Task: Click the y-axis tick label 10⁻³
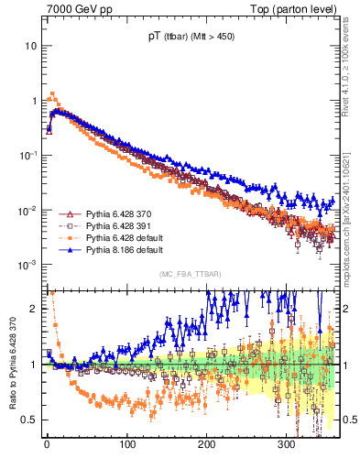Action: click(x=27, y=265)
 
